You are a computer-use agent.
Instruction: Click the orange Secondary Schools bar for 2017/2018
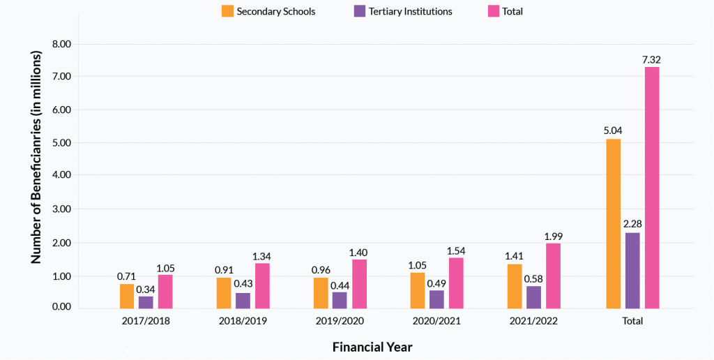click(127, 296)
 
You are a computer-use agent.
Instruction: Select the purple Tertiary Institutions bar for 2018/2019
click(243, 301)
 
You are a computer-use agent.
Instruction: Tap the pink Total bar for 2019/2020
click(359, 284)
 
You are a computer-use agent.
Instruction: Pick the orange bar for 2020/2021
click(418, 290)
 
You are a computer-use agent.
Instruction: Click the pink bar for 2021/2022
click(553, 276)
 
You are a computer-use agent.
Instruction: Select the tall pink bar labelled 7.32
click(651, 188)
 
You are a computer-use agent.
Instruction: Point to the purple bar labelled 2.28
click(632, 270)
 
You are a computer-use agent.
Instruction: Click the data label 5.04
click(613, 129)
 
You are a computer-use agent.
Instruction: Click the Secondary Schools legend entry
click(268, 11)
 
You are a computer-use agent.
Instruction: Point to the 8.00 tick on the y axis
click(62, 44)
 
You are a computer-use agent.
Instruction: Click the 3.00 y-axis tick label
click(62, 209)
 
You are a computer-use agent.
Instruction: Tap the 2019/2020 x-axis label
click(340, 322)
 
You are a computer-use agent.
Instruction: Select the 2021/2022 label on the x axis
click(533, 322)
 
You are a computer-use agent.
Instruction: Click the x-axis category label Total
click(632, 322)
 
